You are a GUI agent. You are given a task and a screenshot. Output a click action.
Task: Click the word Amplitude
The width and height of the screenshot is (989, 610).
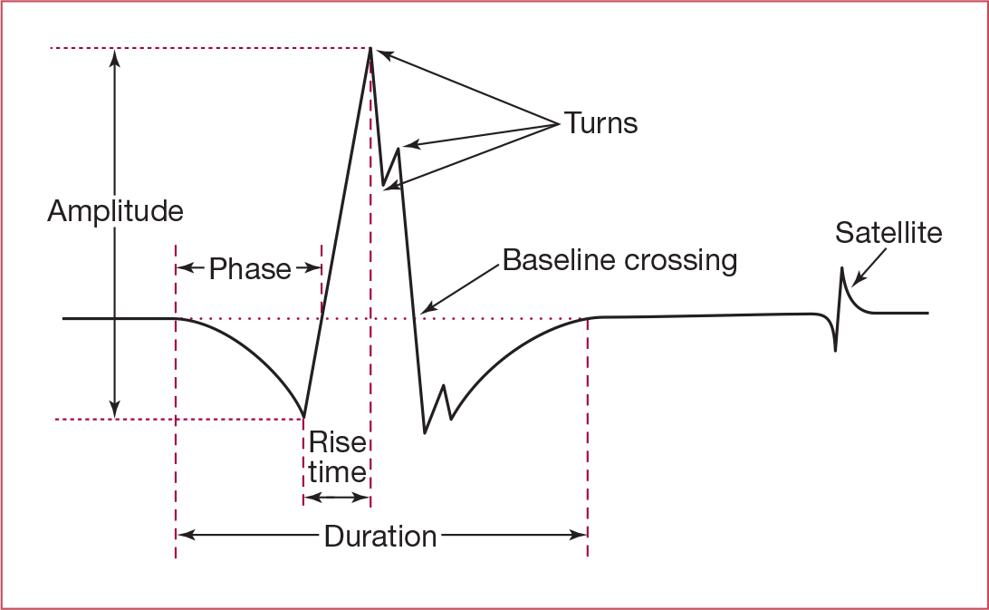pos(115,212)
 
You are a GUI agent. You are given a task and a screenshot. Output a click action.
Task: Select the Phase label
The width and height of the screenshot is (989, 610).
pos(250,269)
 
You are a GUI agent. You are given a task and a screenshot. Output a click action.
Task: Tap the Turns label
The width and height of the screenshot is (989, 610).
pos(601,123)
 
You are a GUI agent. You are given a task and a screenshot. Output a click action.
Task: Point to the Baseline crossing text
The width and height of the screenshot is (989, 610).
pos(619,261)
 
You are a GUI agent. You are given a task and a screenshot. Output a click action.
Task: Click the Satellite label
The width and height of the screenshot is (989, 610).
pos(888,233)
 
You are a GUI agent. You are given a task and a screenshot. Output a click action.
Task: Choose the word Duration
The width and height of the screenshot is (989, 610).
pos(380,537)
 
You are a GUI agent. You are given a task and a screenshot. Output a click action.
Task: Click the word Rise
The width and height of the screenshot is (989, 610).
pos(337,442)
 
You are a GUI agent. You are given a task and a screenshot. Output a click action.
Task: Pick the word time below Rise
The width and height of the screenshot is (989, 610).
pos(337,471)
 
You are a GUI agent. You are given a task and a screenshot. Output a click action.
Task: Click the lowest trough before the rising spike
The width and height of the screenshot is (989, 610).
pos(302,418)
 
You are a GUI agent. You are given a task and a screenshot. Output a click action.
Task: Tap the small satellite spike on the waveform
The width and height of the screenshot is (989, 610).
pos(842,269)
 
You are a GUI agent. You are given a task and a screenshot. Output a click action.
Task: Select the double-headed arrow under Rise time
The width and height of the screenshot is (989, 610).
pos(336,498)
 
